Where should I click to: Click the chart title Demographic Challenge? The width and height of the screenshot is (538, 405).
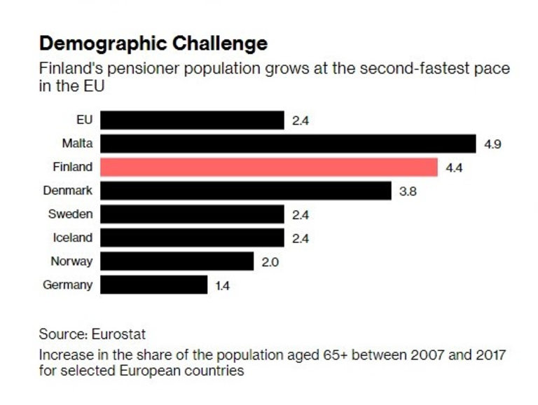pos(153,43)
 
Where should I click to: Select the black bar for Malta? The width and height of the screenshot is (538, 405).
pos(288,144)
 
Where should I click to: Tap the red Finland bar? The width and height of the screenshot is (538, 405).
pos(269,167)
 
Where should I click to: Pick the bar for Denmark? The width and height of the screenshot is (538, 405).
pos(246,191)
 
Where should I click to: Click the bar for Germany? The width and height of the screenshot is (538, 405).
pos(154,285)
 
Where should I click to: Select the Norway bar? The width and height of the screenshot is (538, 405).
pos(177,261)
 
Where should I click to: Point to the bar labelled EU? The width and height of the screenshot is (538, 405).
pos(192,120)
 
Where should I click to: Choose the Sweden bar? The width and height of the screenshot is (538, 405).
pos(192,214)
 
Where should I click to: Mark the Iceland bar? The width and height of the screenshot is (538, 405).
pos(192,238)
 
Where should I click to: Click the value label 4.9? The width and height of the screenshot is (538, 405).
pos(493,144)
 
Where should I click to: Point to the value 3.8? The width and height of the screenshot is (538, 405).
pos(408,191)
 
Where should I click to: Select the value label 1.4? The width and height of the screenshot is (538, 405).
pos(222,286)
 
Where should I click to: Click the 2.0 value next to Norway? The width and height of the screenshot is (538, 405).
pos(269,262)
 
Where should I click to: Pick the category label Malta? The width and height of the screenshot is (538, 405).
pos(77,144)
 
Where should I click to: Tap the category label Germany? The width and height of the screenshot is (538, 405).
pos(67,285)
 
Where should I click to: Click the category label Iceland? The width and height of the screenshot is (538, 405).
pos(73,238)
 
